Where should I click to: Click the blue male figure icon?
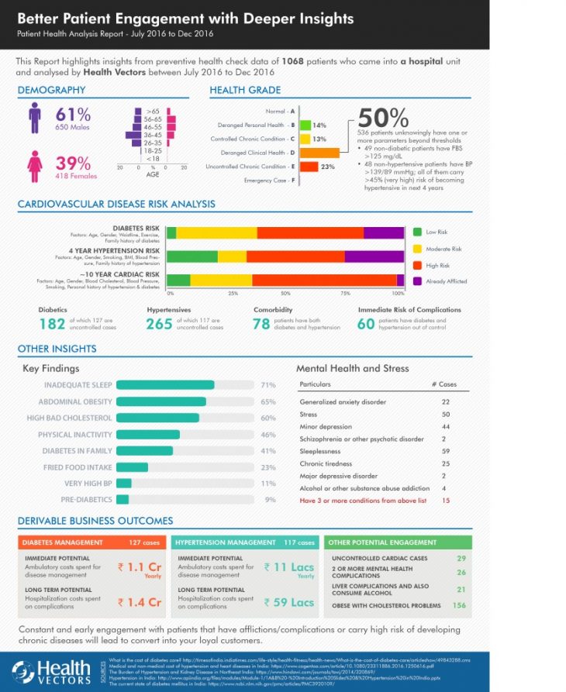(x=34, y=119)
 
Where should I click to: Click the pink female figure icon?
(x=34, y=165)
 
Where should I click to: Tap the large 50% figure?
(x=383, y=118)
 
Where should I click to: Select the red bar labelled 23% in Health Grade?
(x=308, y=166)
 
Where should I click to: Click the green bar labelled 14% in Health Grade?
(x=305, y=125)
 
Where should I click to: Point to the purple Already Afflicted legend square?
(x=418, y=281)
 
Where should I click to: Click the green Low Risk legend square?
(x=418, y=232)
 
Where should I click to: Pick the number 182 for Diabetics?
(x=53, y=324)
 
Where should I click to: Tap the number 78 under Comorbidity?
(x=261, y=324)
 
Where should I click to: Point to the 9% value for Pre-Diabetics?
(x=270, y=500)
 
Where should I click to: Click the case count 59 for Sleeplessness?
(x=445, y=451)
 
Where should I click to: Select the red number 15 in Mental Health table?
(x=445, y=501)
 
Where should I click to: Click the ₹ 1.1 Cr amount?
(x=140, y=567)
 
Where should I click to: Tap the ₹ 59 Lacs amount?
(x=288, y=602)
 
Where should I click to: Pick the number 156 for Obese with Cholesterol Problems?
(x=459, y=605)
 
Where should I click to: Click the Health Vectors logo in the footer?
(x=51, y=671)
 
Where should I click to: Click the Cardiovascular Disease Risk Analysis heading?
(x=116, y=205)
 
